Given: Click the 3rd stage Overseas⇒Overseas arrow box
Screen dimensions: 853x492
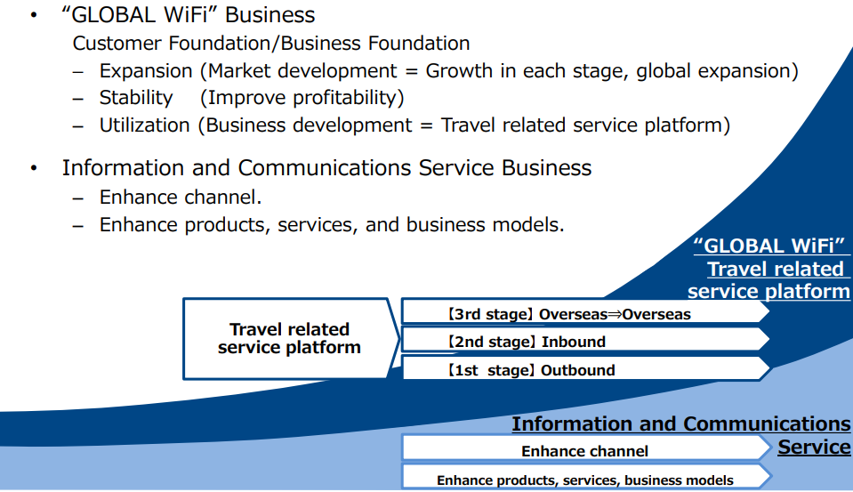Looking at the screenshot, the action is click(584, 312).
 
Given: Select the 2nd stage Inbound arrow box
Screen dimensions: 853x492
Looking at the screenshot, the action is click(584, 340).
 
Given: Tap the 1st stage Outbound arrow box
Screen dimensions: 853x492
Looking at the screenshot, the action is click(584, 368).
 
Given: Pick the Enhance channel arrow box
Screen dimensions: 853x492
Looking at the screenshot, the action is click(586, 448).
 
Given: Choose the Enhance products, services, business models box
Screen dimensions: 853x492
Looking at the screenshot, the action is click(586, 477).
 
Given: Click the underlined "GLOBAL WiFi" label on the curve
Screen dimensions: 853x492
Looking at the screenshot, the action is click(771, 246).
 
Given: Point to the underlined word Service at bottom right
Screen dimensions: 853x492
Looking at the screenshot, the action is click(815, 447).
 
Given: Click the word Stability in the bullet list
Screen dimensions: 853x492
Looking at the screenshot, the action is click(136, 98).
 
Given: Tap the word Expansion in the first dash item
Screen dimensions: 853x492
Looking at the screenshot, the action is click(146, 71).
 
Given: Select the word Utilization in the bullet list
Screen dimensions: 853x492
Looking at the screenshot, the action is click(145, 125).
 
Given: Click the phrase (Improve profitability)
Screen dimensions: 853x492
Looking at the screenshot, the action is click(302, 98).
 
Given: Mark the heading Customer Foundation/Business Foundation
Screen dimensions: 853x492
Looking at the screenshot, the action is click(271, 44).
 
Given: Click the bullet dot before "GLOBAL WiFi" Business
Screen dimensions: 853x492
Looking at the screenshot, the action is click(34, 15).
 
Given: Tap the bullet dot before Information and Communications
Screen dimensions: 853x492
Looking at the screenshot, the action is click(34, 168).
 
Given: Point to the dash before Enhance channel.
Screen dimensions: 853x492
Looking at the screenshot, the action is click(78, 198).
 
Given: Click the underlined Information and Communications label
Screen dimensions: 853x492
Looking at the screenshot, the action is click(681, 424).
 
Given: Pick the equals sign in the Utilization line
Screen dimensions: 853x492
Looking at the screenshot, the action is click(426, 125).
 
